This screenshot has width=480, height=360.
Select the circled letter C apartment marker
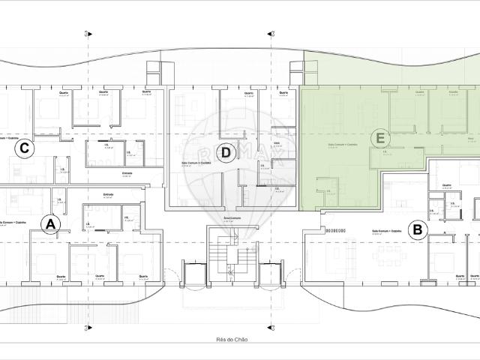tap(25, 148)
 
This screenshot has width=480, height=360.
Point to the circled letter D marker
tap(228, 154)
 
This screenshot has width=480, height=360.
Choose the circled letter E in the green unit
tap(380, 139)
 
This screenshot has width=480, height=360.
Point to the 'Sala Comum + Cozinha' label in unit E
tap(343, 145)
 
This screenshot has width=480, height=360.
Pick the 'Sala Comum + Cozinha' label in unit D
tap(196, 161)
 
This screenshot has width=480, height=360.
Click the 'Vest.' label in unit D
tap(277, 142)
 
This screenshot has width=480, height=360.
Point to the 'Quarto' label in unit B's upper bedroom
tap(447, 185)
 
